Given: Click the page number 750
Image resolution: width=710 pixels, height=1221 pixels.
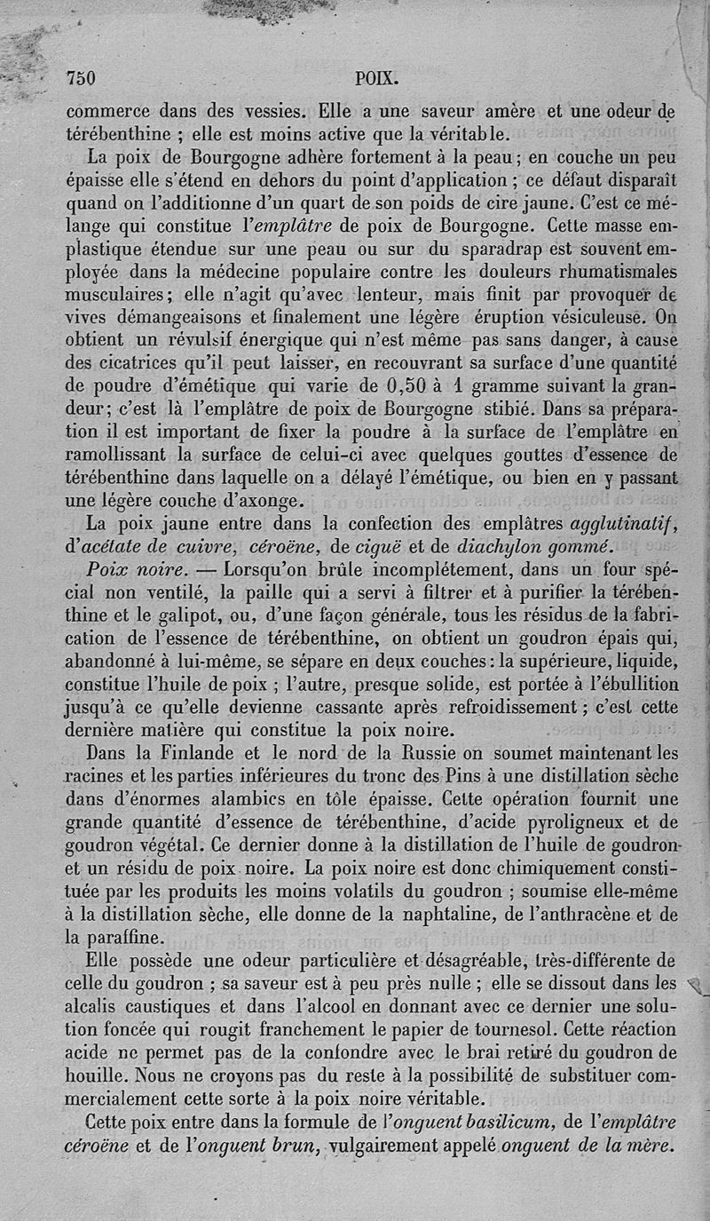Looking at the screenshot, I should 81,77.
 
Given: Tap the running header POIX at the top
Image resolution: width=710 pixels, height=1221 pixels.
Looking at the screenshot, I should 375,77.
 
